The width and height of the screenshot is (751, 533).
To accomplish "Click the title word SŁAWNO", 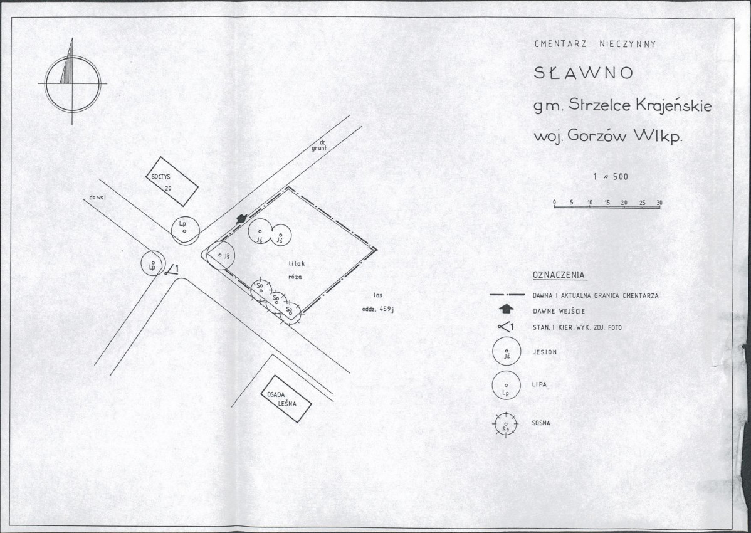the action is pyautogui.click(x=584, y=73).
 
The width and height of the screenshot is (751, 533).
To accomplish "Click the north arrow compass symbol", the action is pyautogui.click(x=72, y=82).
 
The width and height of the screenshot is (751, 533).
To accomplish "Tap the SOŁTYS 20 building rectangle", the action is pyautogui.click(x=172, y=181).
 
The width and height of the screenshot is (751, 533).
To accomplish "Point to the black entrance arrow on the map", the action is pyautogui.click(x=241, y=218).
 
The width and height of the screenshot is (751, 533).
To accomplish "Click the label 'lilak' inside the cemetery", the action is pyautogui.click(x=297, y=263).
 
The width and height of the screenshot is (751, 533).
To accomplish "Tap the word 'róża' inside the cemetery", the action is pyautogui.click(x=295, y=277).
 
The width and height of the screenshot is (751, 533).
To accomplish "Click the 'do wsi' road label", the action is pyautogui.click(x=97, y=198).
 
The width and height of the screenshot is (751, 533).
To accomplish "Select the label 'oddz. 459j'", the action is pyautogui.click(x=377, y=309).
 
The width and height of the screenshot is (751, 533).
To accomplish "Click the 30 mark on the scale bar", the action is pyautogui.click(x=659, y=203).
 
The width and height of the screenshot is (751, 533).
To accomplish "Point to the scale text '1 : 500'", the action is pyautogui.click(x=610, y=177).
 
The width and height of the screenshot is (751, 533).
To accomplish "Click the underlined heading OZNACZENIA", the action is pyautogui.click(x=559, y=275).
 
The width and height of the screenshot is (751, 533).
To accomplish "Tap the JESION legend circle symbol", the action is pyautogui.click(x=507, y=351).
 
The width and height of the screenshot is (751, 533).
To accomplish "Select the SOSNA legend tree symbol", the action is pyautogui.click(x=506, y=425).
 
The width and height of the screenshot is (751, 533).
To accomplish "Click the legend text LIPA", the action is pyautogui.click(x=539, y=384).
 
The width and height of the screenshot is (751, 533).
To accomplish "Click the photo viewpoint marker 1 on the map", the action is pyautogui.click(x=172, y=270).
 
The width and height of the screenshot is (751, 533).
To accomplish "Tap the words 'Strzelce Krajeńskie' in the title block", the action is pyautogui.click(x=641, y=105).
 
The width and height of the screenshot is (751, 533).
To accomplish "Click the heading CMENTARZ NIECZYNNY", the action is pyautogui.click(x=595, y=44).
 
